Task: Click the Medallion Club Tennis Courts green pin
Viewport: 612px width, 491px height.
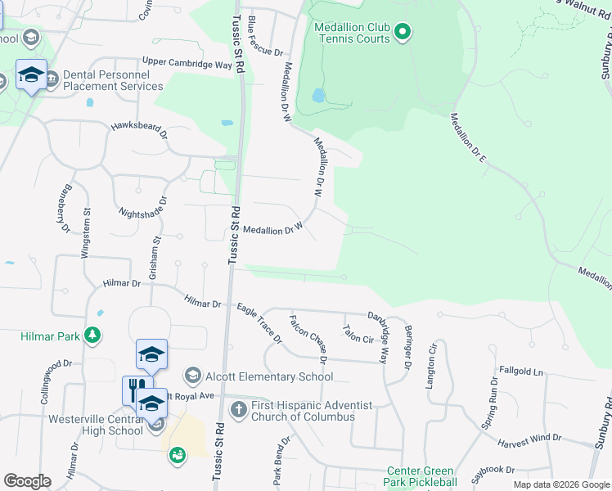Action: pos(402,33)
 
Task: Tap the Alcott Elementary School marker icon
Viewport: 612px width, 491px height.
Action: pos(193,375)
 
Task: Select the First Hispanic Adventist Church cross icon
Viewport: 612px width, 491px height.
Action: pos(238,408)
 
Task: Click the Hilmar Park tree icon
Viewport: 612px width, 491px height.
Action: pos(94,336)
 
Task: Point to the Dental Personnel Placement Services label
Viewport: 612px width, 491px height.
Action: pos(113,81)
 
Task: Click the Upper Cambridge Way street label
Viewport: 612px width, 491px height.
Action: pos(187,63)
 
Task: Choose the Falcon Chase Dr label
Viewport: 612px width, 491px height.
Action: pos(308,338)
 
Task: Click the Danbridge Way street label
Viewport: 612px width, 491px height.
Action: pos(377,336)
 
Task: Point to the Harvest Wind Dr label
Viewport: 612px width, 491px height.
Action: pos(529,439)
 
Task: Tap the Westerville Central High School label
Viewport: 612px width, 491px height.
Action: pos(73,426)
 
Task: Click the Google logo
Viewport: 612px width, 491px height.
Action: pos(27,481)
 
